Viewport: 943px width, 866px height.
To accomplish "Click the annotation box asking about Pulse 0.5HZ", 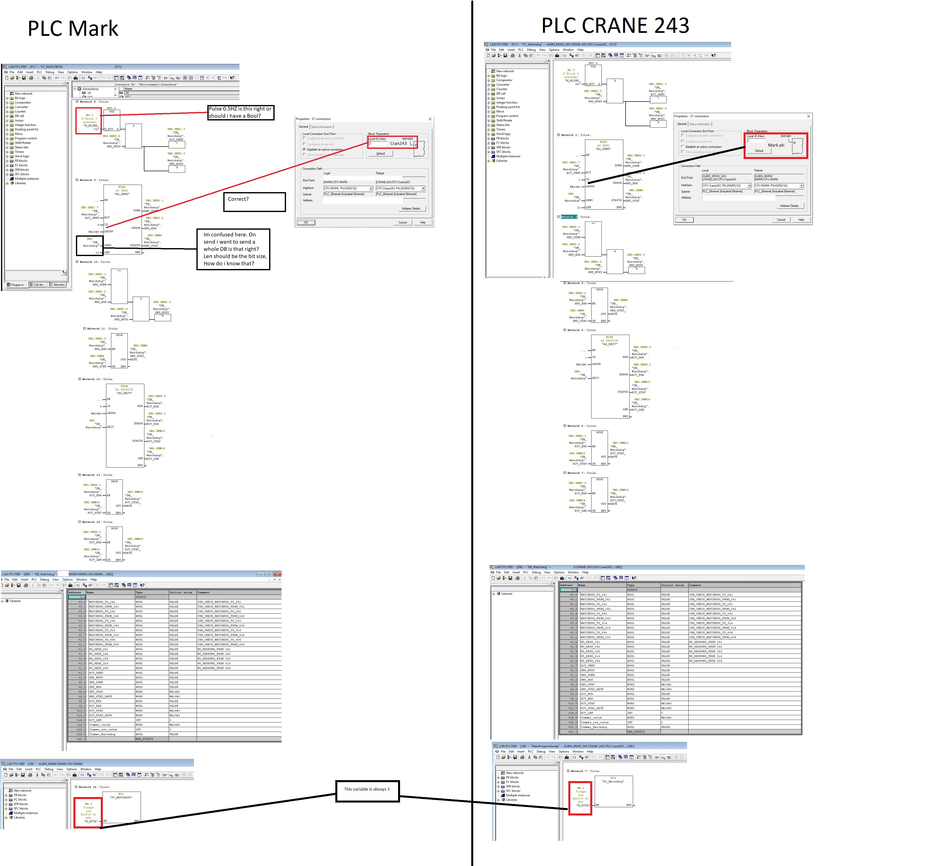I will pyautogui.click(x=240, y=112).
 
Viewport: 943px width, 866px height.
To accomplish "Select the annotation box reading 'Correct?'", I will pyautogui.click(x=254, y=202).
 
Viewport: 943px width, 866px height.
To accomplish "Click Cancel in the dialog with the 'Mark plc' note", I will pyautogui.click(x=781, y=220).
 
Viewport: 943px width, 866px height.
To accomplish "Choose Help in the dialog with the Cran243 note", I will pyautogui.click(x=423, y=222).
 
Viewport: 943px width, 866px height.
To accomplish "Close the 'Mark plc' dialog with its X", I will pyautogui.click(x=809, y=116).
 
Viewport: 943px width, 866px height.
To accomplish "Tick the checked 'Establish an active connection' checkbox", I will pyautogui.click(x=304, y=150).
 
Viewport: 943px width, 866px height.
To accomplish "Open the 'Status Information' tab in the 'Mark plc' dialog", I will pyautogui.click(x=700, y=124).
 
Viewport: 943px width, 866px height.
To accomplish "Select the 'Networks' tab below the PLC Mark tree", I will pyautogui.click(x=58, y=284).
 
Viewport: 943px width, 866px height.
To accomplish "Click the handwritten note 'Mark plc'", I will pyautogui.click(x=776, y=145).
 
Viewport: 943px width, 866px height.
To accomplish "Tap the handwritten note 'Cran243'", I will pyautogui.click(x=398, y=143).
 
